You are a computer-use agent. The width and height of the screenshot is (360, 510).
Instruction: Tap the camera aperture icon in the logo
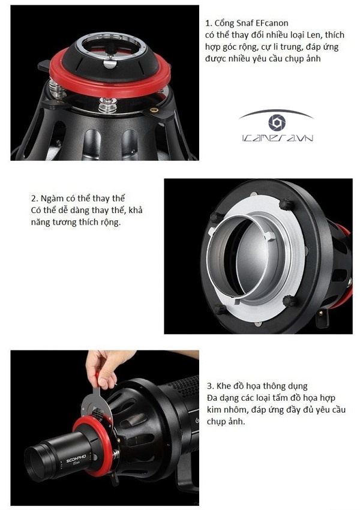point(276,123)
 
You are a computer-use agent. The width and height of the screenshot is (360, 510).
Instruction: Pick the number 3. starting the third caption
point(209,386)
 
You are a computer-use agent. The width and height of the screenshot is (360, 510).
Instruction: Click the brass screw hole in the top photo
point(154,110)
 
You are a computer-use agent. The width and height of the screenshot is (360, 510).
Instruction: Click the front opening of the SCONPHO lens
point(37,465)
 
